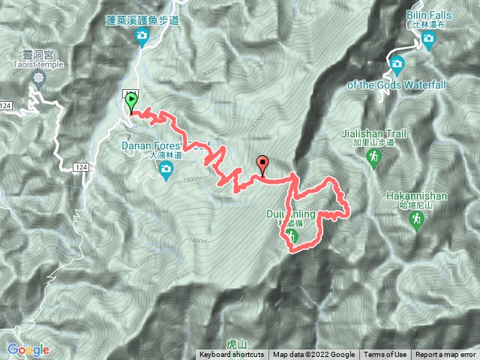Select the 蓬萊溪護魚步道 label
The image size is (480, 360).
142,22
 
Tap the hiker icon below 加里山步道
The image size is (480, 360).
373,157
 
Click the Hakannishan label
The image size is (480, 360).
415,196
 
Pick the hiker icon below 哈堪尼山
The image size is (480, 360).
415,219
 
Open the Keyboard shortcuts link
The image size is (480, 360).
232,355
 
